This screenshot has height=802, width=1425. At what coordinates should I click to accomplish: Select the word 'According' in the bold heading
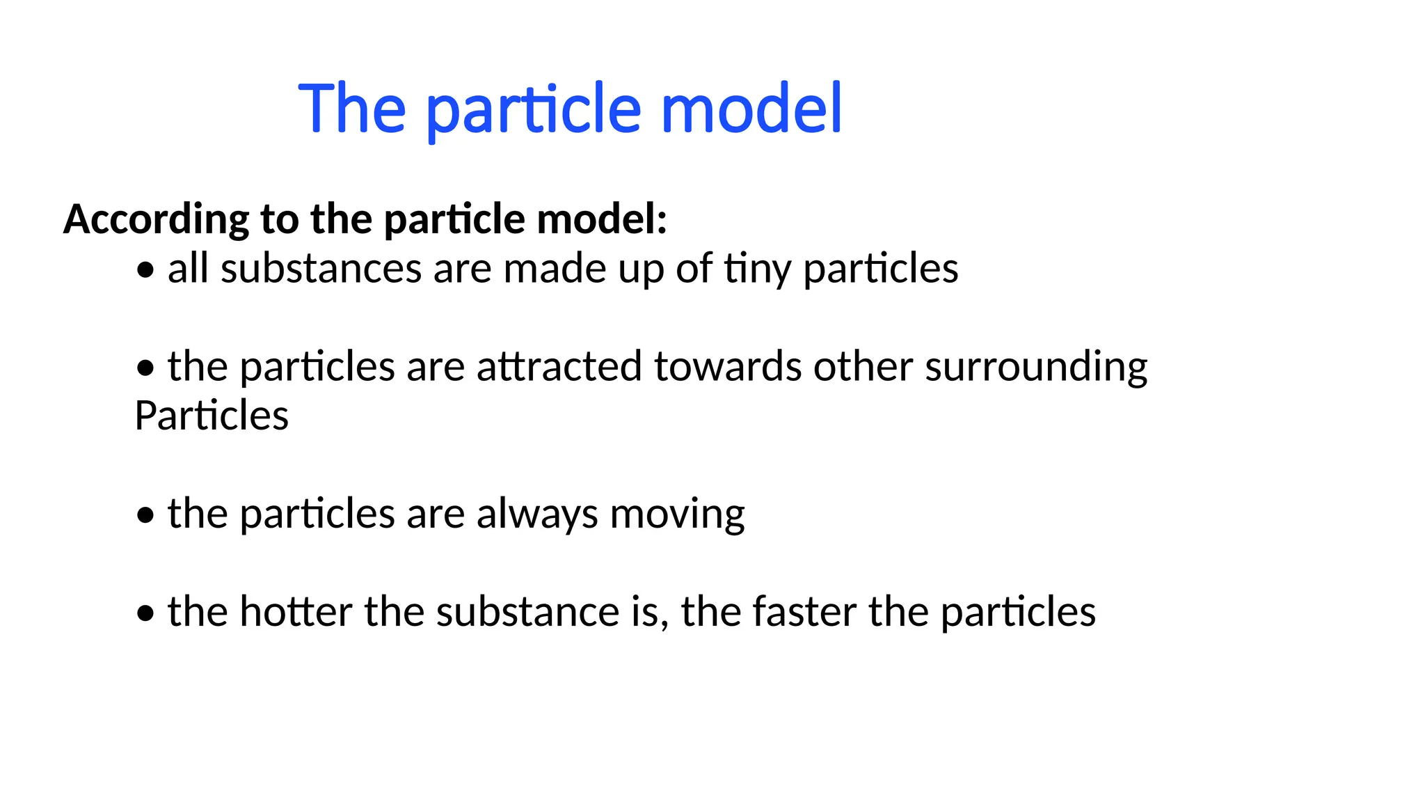(x=156, y=219)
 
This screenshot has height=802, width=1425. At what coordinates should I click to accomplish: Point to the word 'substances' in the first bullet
(x=321, y=269)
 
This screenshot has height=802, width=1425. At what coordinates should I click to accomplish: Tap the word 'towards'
(x=728, y=367)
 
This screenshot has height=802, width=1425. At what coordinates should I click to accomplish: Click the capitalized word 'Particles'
(x=212, y=416)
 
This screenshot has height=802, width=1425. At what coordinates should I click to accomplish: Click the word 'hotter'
(x=296, y=612)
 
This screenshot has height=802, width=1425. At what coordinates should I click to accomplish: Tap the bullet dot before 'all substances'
(x=145, y=270)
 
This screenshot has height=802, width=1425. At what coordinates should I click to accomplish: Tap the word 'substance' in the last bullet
(x=528, y=612)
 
